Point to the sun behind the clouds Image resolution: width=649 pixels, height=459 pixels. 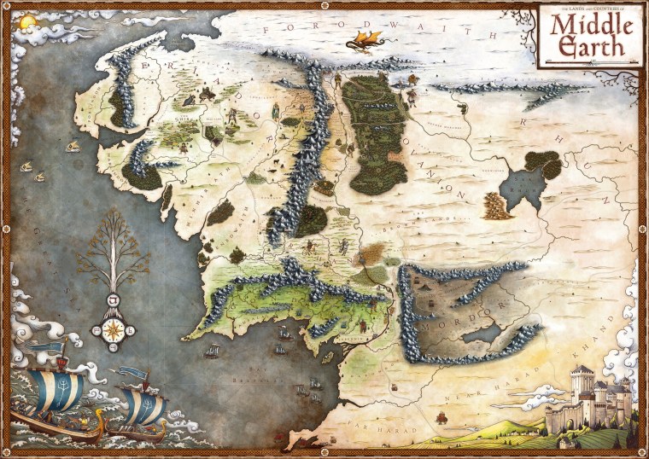tap(25, 20)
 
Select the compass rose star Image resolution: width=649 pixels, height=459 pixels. tap(112, 329)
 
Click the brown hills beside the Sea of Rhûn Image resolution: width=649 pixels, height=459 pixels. tap(496, 205)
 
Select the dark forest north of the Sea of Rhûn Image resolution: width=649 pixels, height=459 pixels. tap(541, 161)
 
